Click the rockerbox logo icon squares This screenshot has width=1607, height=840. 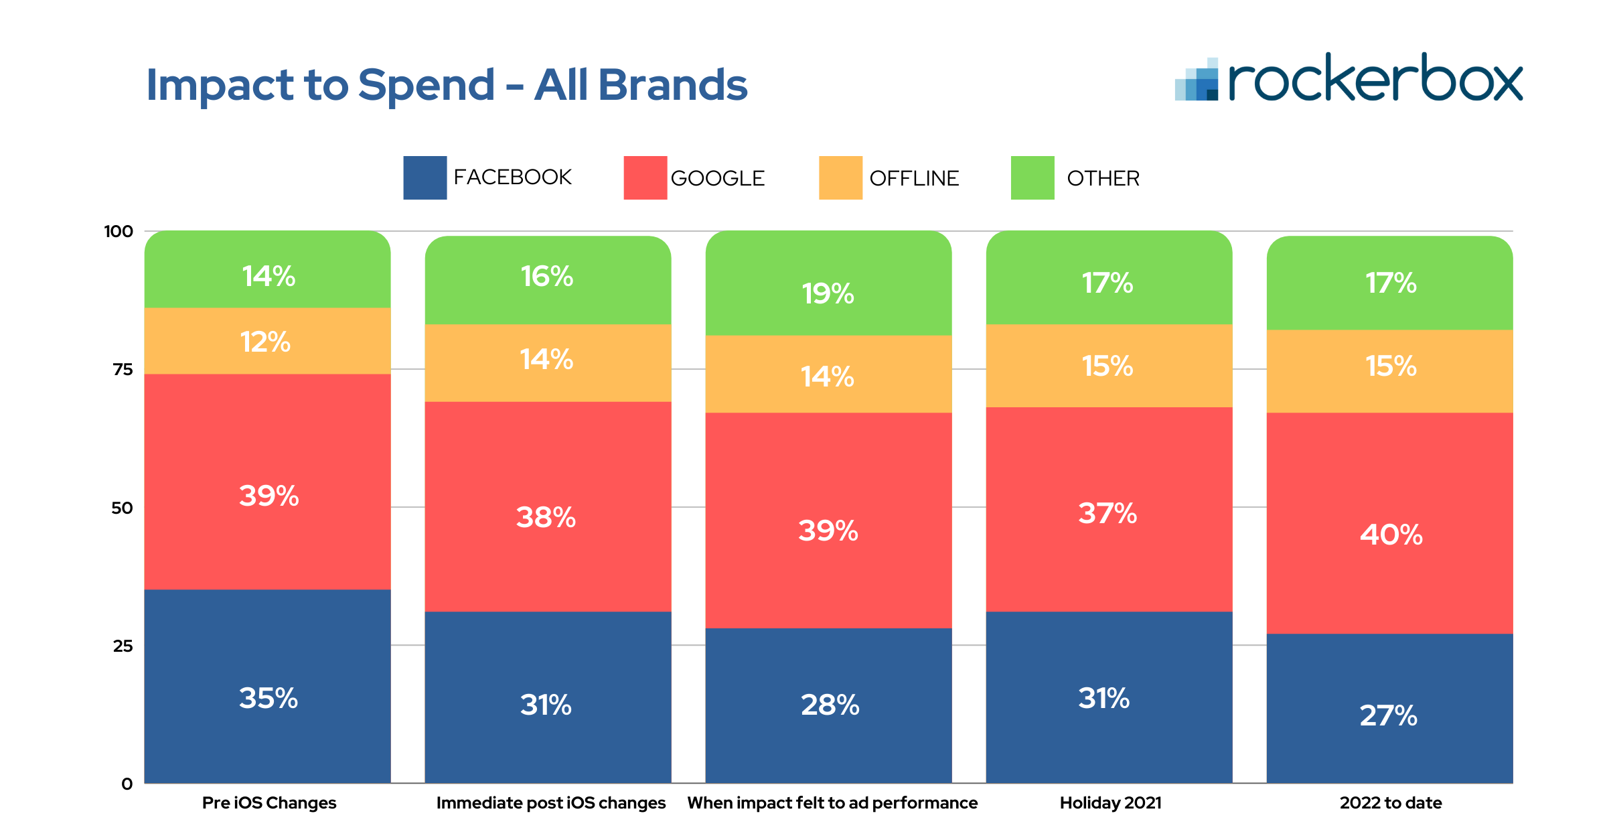coord(1197,80)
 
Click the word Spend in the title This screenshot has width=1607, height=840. coord(426,86)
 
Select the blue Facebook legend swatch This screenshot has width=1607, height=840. coord(425,178)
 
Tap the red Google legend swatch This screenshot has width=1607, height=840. coord(645,178)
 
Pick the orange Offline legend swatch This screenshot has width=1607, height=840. coord(840,178)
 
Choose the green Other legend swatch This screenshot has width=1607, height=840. coord(1032,178)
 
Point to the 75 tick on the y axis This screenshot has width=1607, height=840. coord(123,370)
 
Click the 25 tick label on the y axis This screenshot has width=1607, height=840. coord(123,646)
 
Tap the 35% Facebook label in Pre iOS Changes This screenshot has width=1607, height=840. coord(269,698)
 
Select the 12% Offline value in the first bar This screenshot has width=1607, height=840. coord(266,342)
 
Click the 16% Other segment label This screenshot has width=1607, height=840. coord(547,277)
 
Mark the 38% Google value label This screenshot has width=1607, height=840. coord(546,517)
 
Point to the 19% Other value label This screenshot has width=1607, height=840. coord(828,293)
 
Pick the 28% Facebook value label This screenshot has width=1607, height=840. coord(830,705)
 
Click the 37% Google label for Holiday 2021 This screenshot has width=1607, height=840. coord(1107,514)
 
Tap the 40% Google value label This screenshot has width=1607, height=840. coord(1391,535)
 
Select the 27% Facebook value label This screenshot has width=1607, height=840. coord(1388,715)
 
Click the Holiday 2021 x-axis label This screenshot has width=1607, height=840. coord(1110,802)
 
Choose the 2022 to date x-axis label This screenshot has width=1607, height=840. coord(1391,802)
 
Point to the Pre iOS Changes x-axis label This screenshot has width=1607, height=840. coord(269,802)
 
